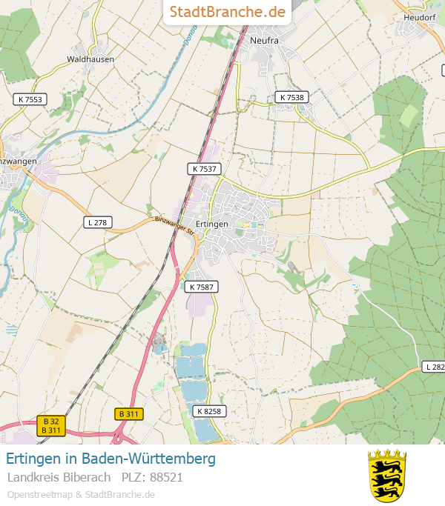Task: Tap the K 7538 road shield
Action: click(291, 97)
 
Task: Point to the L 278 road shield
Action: click(97, 222)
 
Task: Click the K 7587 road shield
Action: click(202, 287)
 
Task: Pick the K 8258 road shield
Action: click(208, 410)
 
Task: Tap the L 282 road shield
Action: click(434, 367)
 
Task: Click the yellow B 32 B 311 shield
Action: click(51, 426)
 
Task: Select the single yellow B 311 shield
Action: click(130, 413)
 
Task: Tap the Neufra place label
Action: click(264, 41)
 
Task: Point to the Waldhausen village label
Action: click(90, 59)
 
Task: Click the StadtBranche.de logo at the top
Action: click(227, 12)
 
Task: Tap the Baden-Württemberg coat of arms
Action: click(387, 475)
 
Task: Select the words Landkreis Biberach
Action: click(59, 477)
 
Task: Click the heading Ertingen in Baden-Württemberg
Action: click(111, 459)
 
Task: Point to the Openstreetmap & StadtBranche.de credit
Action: click(81, 494)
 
